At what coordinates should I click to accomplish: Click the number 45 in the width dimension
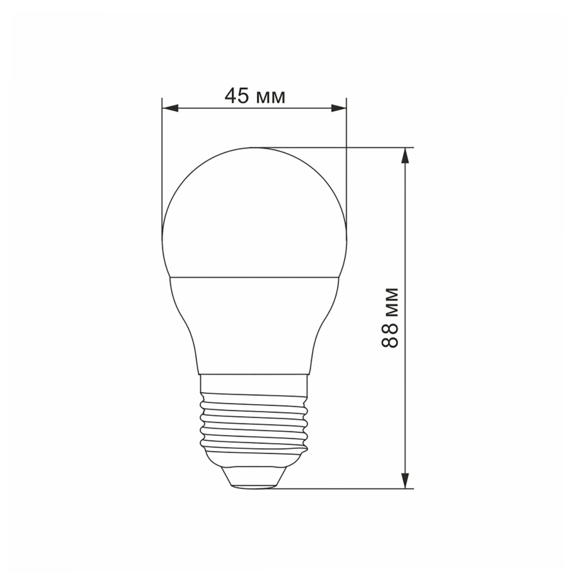point(237,96)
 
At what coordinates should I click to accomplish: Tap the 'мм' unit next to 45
point(270,98)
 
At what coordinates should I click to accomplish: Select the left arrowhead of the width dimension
point(169,108)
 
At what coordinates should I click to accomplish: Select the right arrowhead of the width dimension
point(338,108)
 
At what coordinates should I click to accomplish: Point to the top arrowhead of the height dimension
point(404,155)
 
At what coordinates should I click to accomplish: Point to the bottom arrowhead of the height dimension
point(404,480)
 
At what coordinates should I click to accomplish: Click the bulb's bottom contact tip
point(254,485)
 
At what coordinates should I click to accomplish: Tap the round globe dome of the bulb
point(254,214)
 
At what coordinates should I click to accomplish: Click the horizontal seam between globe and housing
point(254,276)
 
